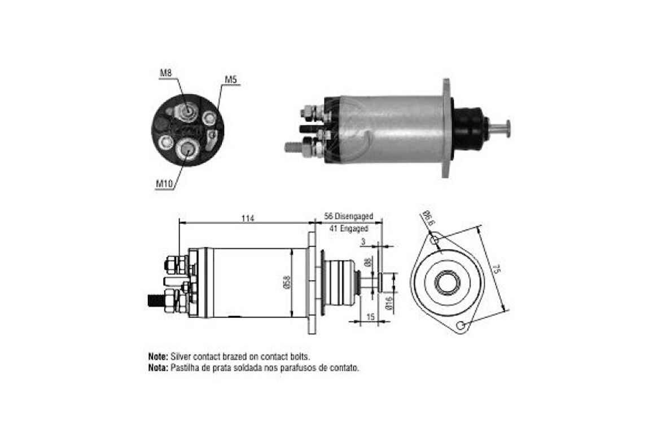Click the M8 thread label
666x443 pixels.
pyautogui.click(x=165, y=73)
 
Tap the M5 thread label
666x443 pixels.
pyautogui.click(x=231, y=79)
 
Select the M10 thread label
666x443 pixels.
pyautogui.click(x=164, y=184)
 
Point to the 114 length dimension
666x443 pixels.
pyautogui.click(x=248, y=218)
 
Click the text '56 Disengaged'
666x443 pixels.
pyautogui.click(x=348, y=216)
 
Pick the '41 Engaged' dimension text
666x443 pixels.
pyautogui.click(x=349, y=228)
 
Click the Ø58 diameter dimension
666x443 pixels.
pyautogui.click(x=287, y=282)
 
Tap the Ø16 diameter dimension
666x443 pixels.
pyautogui.click(x=389, y=304)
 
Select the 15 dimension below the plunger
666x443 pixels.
pyautogui.click(x=370, y=317)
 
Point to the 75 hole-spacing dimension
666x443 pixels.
pyautogui.click(x=497, y=269)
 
